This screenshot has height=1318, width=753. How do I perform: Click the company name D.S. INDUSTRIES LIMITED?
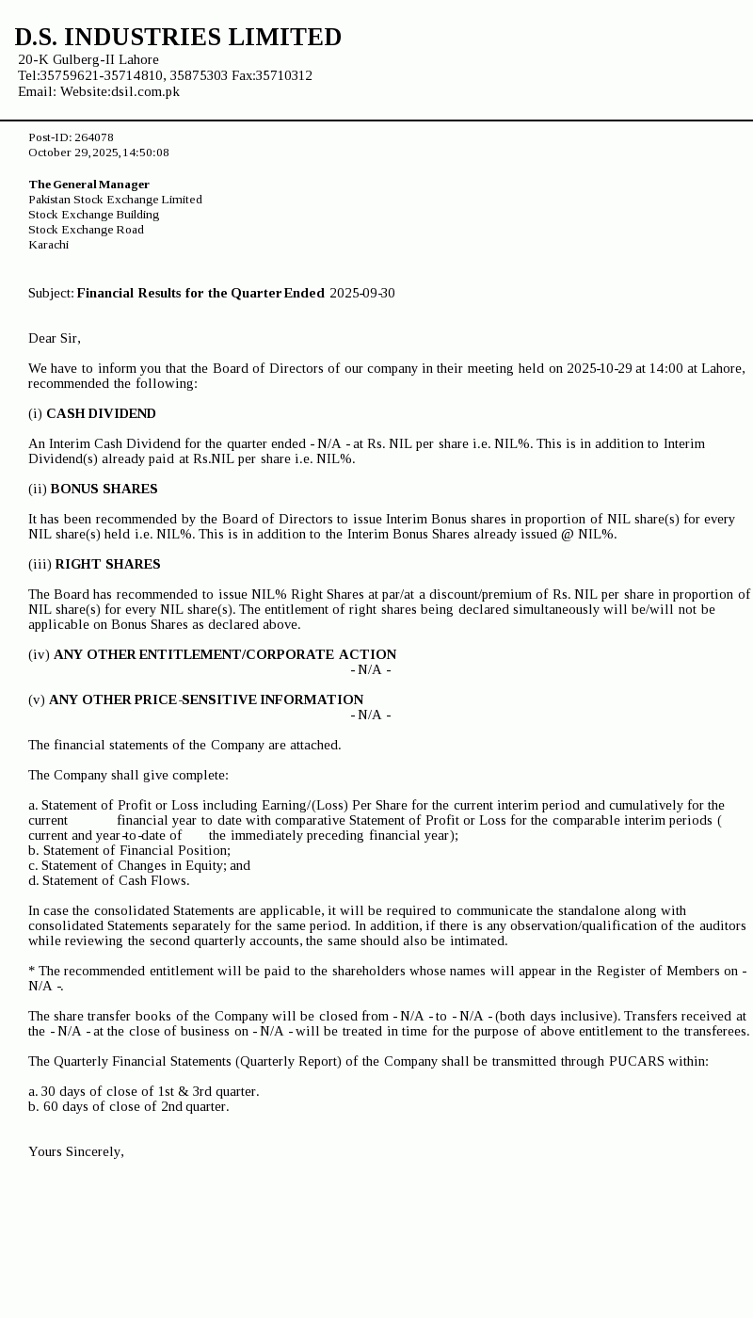(178, 38)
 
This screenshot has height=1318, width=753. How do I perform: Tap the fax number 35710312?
(285, 75)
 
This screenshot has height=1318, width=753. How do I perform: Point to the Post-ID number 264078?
(94, 137)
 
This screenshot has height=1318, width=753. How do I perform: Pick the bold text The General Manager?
(88, 185)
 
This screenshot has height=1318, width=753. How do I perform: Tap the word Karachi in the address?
(48, 245)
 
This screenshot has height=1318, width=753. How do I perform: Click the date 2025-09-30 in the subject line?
(362, 293)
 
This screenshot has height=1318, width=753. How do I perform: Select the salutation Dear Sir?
(54, 338)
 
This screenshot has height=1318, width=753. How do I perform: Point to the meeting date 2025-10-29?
(599, 368)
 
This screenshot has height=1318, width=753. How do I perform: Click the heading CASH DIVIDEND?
(101, 413)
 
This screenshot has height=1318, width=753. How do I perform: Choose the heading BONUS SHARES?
(104, 489)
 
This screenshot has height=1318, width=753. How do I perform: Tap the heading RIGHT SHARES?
(107, 564)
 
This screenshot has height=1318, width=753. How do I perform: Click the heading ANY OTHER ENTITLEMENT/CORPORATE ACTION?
(225, 654)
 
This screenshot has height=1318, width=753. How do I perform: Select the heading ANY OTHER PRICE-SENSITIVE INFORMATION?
(206, 699)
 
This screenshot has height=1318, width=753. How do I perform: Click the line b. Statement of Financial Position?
(129, 850)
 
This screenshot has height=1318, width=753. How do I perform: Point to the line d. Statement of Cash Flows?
(108, 880)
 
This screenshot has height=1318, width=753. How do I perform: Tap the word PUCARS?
(636, 1061)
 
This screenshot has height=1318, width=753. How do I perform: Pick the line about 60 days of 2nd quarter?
(128, 1106)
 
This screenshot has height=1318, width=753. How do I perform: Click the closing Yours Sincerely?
(75, 1151)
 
